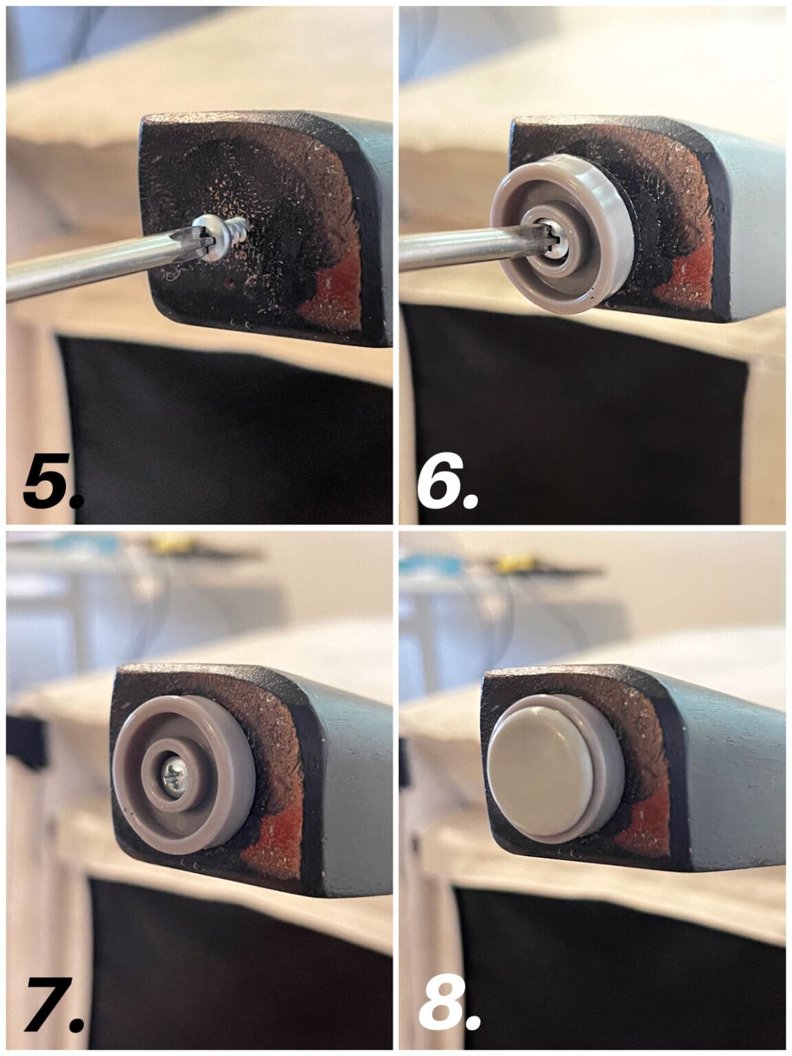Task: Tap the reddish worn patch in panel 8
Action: (646, 839)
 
